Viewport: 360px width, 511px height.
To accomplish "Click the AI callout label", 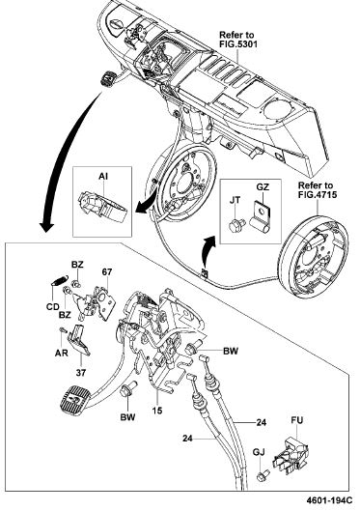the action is [x=103, y=177].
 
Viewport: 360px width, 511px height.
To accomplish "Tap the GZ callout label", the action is [x=263, y=187].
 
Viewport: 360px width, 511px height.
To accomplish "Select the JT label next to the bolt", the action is [x=235, y=200].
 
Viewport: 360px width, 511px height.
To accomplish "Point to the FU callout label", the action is [x=297, y=420].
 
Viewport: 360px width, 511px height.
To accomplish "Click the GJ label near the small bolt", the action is [x=259, y=452].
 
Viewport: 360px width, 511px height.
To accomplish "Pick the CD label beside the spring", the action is [x=53, y=306].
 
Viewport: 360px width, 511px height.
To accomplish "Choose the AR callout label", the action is [x=62, y=353].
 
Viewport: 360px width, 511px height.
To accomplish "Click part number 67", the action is [x=107, y=271].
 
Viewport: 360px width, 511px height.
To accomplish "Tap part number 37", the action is [x=81, y=373].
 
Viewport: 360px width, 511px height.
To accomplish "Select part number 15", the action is [x=157, y=410].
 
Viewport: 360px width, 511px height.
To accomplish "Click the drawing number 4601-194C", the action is [x=329, y=500].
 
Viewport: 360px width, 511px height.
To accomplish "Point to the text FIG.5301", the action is [x=238, y=43].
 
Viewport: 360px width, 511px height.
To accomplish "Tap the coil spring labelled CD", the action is [x=60, y=280].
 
